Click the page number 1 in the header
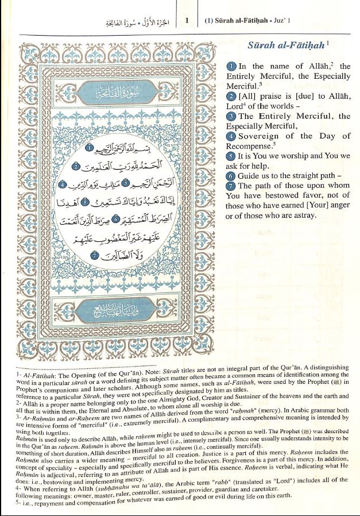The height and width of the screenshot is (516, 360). (x=187, y=21)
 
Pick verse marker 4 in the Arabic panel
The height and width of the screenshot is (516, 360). (x=63, y=185)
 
